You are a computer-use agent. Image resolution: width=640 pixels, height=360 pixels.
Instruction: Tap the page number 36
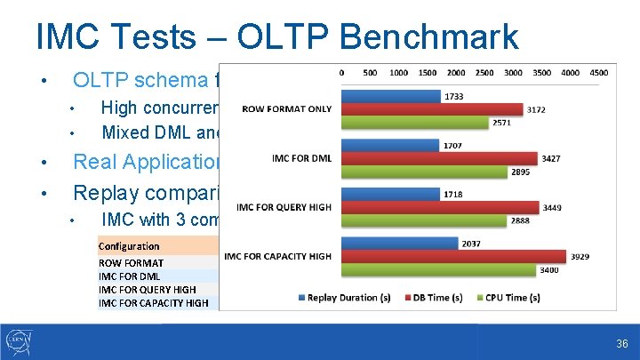[621, 344]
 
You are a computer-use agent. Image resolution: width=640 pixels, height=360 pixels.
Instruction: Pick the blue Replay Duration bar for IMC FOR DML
[389, 145]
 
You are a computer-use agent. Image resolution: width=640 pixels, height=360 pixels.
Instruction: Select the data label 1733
[452, 96]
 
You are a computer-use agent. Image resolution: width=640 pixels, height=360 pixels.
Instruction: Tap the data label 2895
[521, 172]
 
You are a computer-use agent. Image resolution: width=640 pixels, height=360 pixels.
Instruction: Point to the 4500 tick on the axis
[598, 72]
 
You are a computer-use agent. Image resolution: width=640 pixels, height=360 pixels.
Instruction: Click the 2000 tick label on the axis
[455, 72]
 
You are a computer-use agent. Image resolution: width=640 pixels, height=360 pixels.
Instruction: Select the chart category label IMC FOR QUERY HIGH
[286, 207]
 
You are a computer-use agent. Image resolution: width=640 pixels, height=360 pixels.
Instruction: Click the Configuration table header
[129, 246]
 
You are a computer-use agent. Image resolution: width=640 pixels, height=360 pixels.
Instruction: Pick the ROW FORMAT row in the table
[131, 263]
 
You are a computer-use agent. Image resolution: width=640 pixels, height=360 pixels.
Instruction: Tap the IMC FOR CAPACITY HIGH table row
[153, 303]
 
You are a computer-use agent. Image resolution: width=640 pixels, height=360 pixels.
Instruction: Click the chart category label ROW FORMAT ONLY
[286, 109]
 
